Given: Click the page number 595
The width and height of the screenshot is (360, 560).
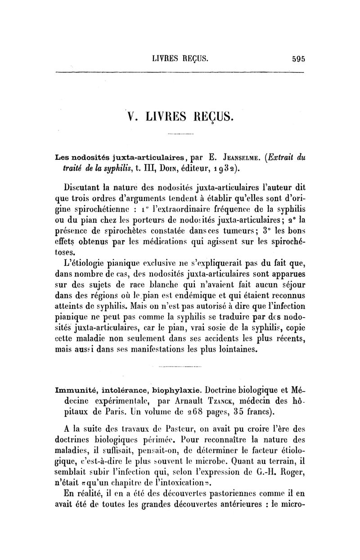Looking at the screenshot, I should coord(298,58).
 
